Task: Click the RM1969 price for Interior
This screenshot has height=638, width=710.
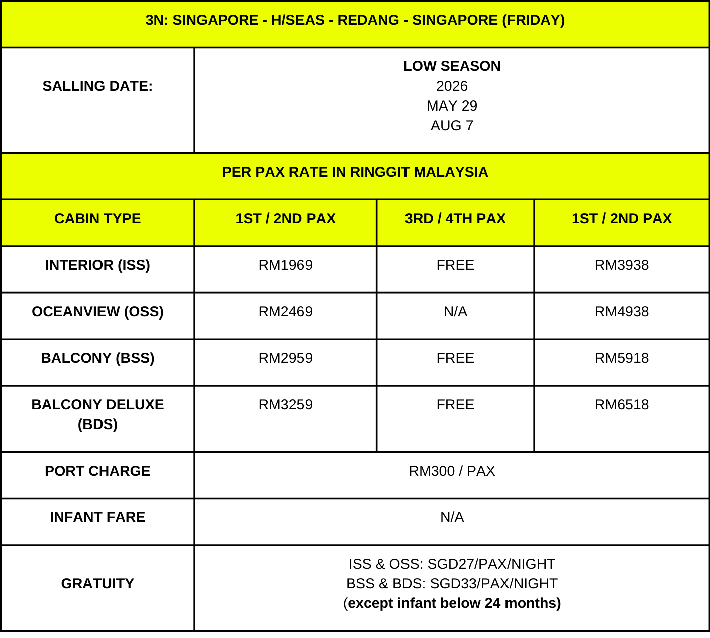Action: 285,265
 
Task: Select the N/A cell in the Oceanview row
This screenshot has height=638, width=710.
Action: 455,312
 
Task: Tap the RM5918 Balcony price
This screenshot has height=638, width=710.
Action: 622,358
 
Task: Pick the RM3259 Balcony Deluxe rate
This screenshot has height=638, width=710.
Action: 285,405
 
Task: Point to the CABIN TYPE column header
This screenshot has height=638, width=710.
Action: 97,219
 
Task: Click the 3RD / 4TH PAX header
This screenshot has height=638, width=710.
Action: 455,219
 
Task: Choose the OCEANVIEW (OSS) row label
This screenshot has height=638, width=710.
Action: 97,312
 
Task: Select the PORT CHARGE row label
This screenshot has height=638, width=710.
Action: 97,471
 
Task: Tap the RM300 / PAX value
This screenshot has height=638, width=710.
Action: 452,471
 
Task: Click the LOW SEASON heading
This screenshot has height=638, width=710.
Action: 452,66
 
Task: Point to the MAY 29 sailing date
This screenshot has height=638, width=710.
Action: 452,106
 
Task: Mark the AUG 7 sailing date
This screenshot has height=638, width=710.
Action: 452,126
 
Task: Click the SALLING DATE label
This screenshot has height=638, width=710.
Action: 97,86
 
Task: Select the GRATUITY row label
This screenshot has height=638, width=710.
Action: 97,584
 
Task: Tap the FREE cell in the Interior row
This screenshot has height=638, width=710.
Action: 455,265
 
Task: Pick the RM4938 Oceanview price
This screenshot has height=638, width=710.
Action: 622,312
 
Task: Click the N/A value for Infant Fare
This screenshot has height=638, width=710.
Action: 452,517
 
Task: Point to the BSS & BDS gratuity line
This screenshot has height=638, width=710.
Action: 452,584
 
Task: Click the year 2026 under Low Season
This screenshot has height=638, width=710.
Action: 452,86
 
